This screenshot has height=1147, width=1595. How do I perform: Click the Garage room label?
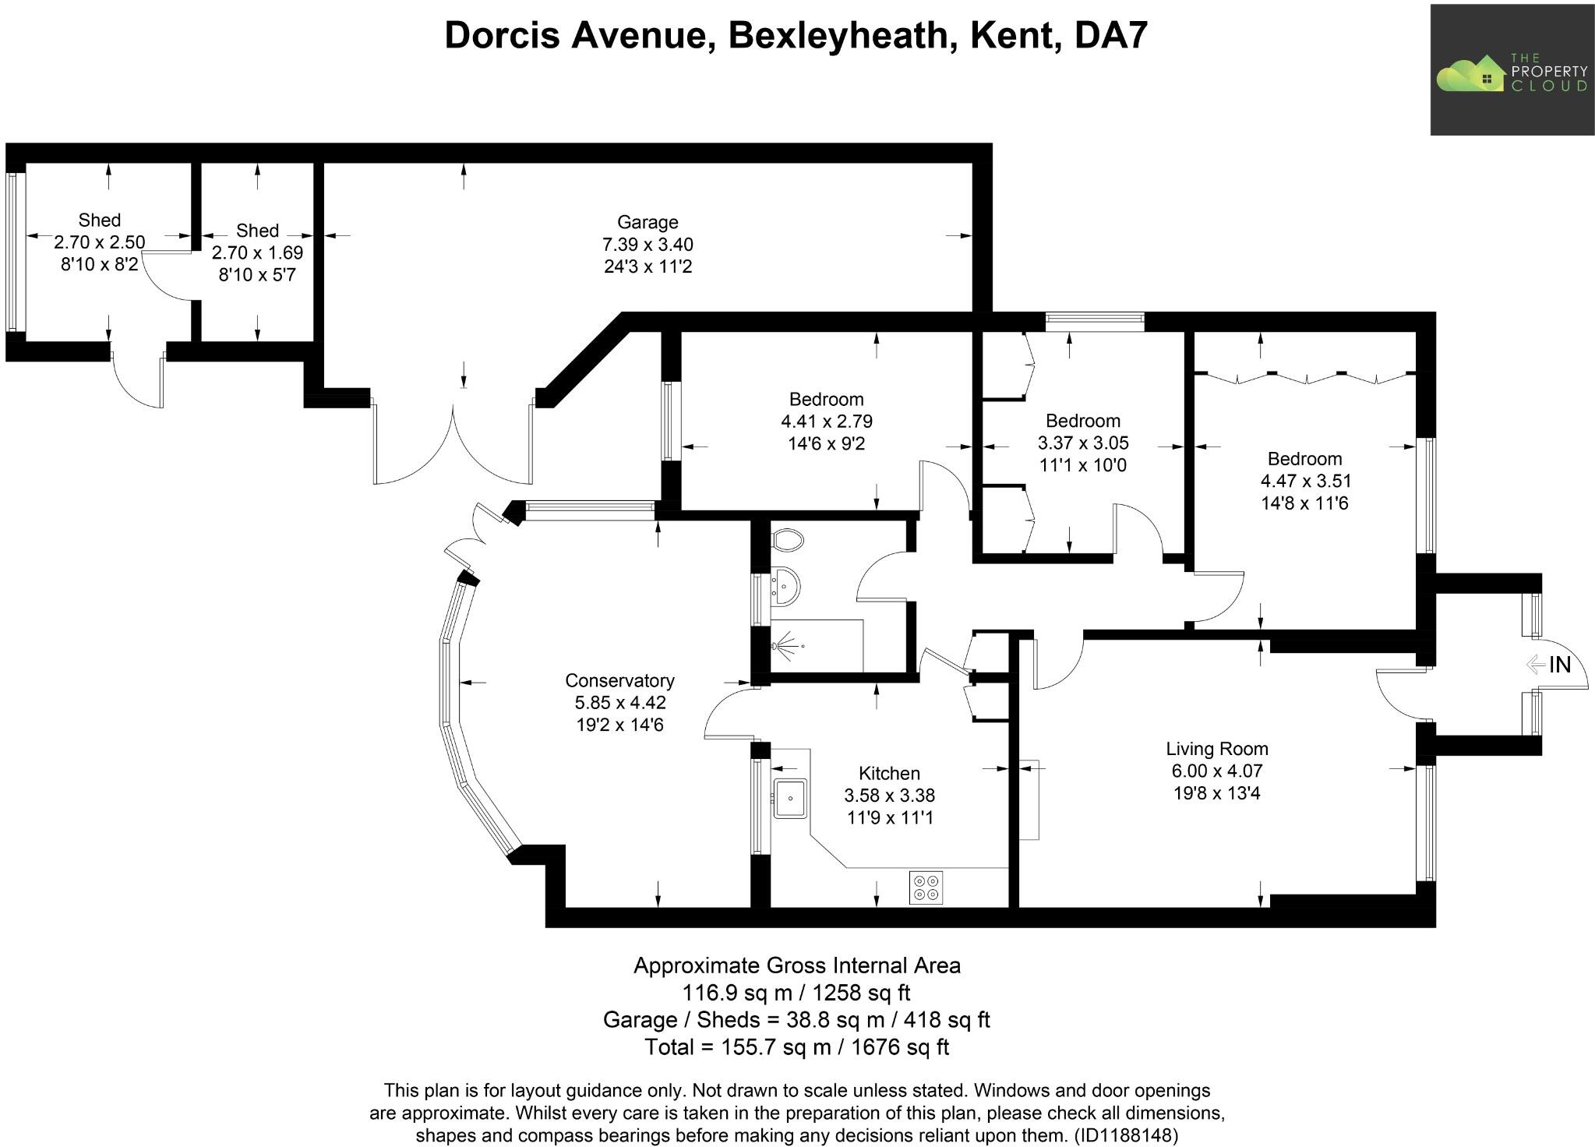coord(647,223)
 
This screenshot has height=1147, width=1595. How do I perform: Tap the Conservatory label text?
coord(619,680)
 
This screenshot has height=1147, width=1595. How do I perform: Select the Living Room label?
coord(1216,749)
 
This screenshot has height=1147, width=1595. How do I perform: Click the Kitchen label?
coord(889,773)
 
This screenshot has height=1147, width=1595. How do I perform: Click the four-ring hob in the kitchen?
coord(926,888)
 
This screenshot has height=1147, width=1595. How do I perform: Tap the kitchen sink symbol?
coord(790,798)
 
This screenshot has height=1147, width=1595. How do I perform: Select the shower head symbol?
coord(787,646)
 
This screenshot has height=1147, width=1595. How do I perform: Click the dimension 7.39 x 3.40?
coord(647,245)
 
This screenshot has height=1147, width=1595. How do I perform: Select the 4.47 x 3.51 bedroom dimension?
coord(1304,481)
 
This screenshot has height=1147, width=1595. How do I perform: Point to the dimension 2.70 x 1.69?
coord(257,252)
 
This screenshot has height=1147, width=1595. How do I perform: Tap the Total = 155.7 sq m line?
coord(796,1046)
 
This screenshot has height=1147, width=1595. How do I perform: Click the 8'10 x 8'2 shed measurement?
coord(99,264)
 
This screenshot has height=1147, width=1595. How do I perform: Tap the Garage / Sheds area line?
coord(796,1019)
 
